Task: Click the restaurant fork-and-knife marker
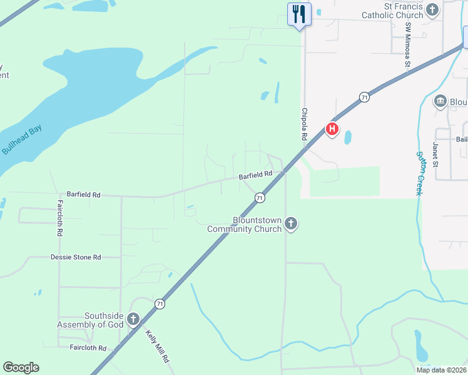click(299, 14)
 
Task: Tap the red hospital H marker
click(332, 129)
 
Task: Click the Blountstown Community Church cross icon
click(290, 223)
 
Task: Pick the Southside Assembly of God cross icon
click(133, 319)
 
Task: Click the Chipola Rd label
click(305, 123)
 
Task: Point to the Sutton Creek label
click(419, 173)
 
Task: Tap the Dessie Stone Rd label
click(76, 257)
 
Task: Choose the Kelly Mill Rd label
click(158, 346)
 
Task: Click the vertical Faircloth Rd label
click(60, 217)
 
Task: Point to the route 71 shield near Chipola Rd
click(364, 97)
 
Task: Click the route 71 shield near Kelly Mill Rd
click(161, 304)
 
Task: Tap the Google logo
click(21, 367)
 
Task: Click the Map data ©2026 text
click(441, 370)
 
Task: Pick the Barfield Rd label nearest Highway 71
click(255, 176)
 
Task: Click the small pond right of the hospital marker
click(348, 137)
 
